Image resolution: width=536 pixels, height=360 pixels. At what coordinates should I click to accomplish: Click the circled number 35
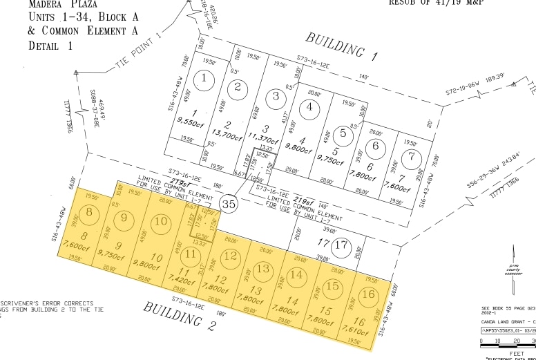point(229,204)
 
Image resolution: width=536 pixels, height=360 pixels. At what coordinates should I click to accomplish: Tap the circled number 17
point(341,245)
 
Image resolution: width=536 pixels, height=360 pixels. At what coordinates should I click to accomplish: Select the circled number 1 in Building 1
point(204,80)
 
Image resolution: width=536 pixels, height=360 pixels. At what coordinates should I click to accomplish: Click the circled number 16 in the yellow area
point(370,295)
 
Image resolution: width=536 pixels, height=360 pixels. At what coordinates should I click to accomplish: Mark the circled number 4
point(310,107)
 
